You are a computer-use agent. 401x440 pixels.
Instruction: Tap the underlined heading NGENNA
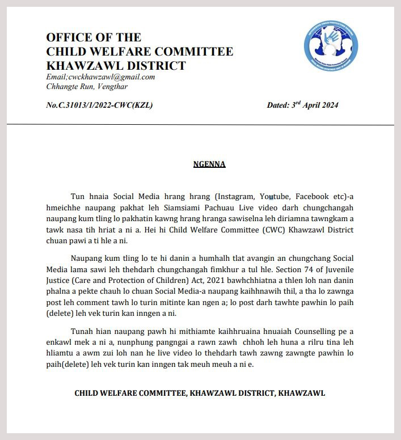point(209,164)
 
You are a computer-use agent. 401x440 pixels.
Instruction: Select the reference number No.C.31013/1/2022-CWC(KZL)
point(99,105)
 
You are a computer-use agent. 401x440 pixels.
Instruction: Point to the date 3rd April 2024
point(302,105)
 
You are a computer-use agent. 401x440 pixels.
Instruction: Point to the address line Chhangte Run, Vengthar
point(87,87)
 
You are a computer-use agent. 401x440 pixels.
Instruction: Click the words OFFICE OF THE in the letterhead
point(94,37)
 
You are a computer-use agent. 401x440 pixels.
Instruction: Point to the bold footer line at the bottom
point(200,393)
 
